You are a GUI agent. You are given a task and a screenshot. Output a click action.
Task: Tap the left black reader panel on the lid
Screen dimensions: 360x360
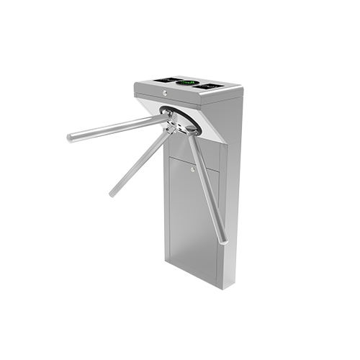168,79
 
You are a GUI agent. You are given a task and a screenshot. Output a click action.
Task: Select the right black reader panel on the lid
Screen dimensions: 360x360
210,86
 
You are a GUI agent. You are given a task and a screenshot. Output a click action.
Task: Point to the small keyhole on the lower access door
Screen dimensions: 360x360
192,171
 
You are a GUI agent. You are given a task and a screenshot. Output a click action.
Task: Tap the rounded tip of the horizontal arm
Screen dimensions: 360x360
71,137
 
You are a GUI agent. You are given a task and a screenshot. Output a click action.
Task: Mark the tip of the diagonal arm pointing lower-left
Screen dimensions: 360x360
112,193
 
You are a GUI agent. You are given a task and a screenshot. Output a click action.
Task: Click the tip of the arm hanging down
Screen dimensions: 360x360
224,240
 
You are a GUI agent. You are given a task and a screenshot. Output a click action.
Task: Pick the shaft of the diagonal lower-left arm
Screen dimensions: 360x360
141,162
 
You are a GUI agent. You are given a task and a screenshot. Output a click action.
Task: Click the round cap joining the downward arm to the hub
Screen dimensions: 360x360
191,130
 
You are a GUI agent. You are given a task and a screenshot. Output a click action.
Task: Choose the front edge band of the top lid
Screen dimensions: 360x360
187,97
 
